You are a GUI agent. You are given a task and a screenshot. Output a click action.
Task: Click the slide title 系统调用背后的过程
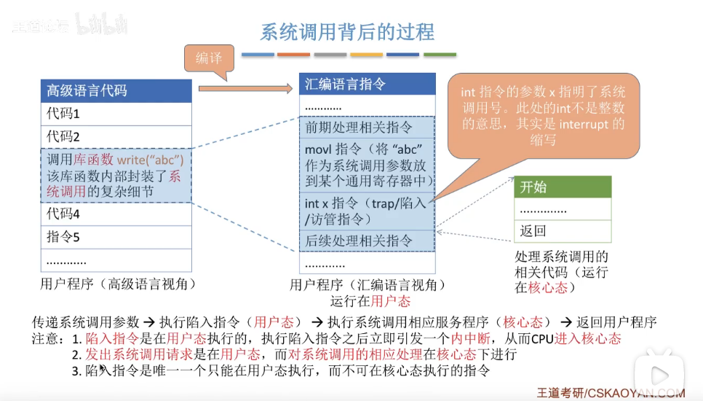tap(347, 32)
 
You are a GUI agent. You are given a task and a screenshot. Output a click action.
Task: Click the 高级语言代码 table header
tap(116, 91)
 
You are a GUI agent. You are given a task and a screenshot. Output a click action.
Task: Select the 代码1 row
tap(116, 114)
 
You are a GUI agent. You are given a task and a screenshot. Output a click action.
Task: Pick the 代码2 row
tap(116, 137)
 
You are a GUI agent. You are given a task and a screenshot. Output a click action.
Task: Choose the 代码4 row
tap(116, 214)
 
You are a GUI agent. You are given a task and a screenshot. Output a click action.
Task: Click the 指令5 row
tap(116, 237)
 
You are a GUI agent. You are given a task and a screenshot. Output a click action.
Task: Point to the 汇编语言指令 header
tap(367, 85)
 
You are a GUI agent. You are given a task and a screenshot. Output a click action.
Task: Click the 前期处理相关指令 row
tap(367, 128)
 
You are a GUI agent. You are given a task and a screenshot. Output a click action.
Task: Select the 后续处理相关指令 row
tap(367, 240)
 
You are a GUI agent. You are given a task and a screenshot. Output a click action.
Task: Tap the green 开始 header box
tap(563, 187)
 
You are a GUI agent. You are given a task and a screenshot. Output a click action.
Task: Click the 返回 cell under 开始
tap(563, 231)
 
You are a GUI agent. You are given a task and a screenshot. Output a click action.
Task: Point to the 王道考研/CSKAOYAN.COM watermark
tap(611, 393)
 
